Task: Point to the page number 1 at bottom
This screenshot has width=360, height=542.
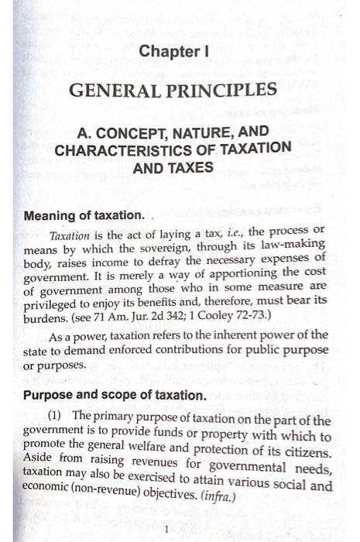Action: pyautogui.click(x=166, y=529)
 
